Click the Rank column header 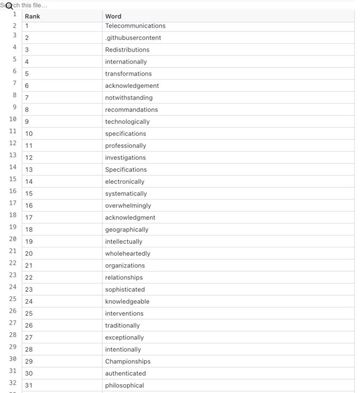pyautogui.click(x=33, y=16)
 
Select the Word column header pyautogui.click(x=113, y=16)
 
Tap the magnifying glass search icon pyautogui.click(x=9, y=7)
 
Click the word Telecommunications pyautogui.click(x=135, y=26)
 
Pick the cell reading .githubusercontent pyautogui.click(x=133, y=38)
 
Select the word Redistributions pyautogui.click(x=127, y=50)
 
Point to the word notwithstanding pyautogui.click(x=129, y=98)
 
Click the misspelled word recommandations pyautogui.click(x=131, y=110)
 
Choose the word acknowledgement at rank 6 pyautogui.click(x=132, y=86)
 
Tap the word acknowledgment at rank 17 pyautogui.click(x=130, y=217)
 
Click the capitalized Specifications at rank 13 pyautogui.click(x=126, y=170)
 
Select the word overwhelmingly pyautogui.click(x=128, y=205)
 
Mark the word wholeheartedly pyautogui.click(x=128, y=253)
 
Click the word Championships pyautogui.click(x=128, y=361)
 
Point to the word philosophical pyautogui.click(x=124, y=385)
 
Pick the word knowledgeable pyautogui.click(x=127, y=301)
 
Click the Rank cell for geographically pyautogui.click(x=29, y=229)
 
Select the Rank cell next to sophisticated pyautogui.click(x=29, y=289)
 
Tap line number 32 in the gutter pyautogui.click(x=11, y=382)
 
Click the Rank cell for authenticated pyautogui.click(x=29, y=373)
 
